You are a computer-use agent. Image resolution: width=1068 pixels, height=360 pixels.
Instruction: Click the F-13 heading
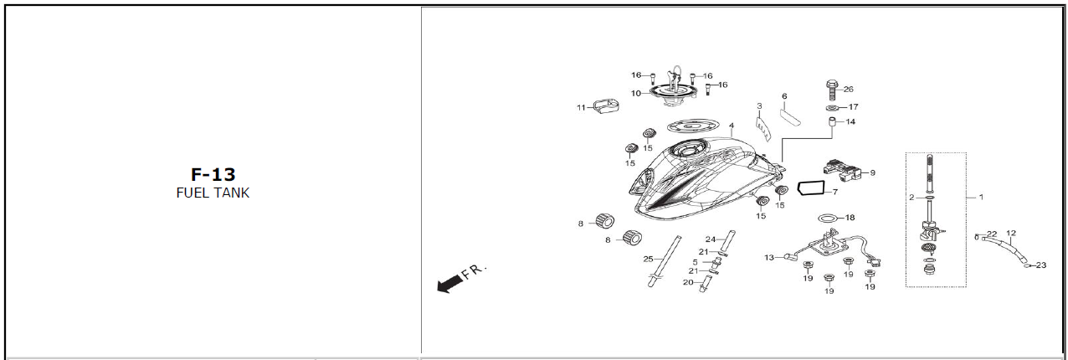pyautogui.click(x=213, y=174)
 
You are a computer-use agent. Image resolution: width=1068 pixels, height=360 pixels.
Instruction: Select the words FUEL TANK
pyautogui.click(x=213, y=193)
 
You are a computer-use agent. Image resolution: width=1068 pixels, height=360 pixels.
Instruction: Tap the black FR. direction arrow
pyautogui.click(x=450, y=284)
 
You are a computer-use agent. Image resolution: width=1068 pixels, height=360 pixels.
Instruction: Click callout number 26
pyautogui.click(x=848, y=90)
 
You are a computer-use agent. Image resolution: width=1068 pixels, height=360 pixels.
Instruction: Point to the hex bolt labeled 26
pyautogui.click(x=832, y=90)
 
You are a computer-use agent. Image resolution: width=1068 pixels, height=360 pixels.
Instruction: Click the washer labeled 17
pyautogui.click(x=833, y=108)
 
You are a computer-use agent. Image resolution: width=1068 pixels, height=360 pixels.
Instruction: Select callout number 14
pyautogui.click(x=850, y=121)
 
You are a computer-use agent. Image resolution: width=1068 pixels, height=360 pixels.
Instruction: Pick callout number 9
pyautogui.click(x=872, y=172)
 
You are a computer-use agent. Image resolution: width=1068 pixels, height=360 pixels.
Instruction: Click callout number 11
pyautogui.click(x=581, y=108)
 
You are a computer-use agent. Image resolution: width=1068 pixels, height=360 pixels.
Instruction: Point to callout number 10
pyautogui.click(x=636, y=94)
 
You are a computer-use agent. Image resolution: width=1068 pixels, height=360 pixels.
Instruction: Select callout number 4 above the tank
pyautogui.click(x=732, y=126)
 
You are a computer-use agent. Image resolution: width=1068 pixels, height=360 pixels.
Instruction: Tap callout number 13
pyautogui.click(x=769, y=258)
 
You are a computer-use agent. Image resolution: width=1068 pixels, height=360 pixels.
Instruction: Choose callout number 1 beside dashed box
pyautogui.click(x=981, y=197)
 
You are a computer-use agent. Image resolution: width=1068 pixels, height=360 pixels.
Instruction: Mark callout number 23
pyautogui.click(x=1041, y=265)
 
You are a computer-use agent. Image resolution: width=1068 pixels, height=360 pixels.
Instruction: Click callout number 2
pyautogui.click(x=911, y=198)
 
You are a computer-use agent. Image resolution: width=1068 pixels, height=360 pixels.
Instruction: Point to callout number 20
pyautogui.click(x=688, y=282)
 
